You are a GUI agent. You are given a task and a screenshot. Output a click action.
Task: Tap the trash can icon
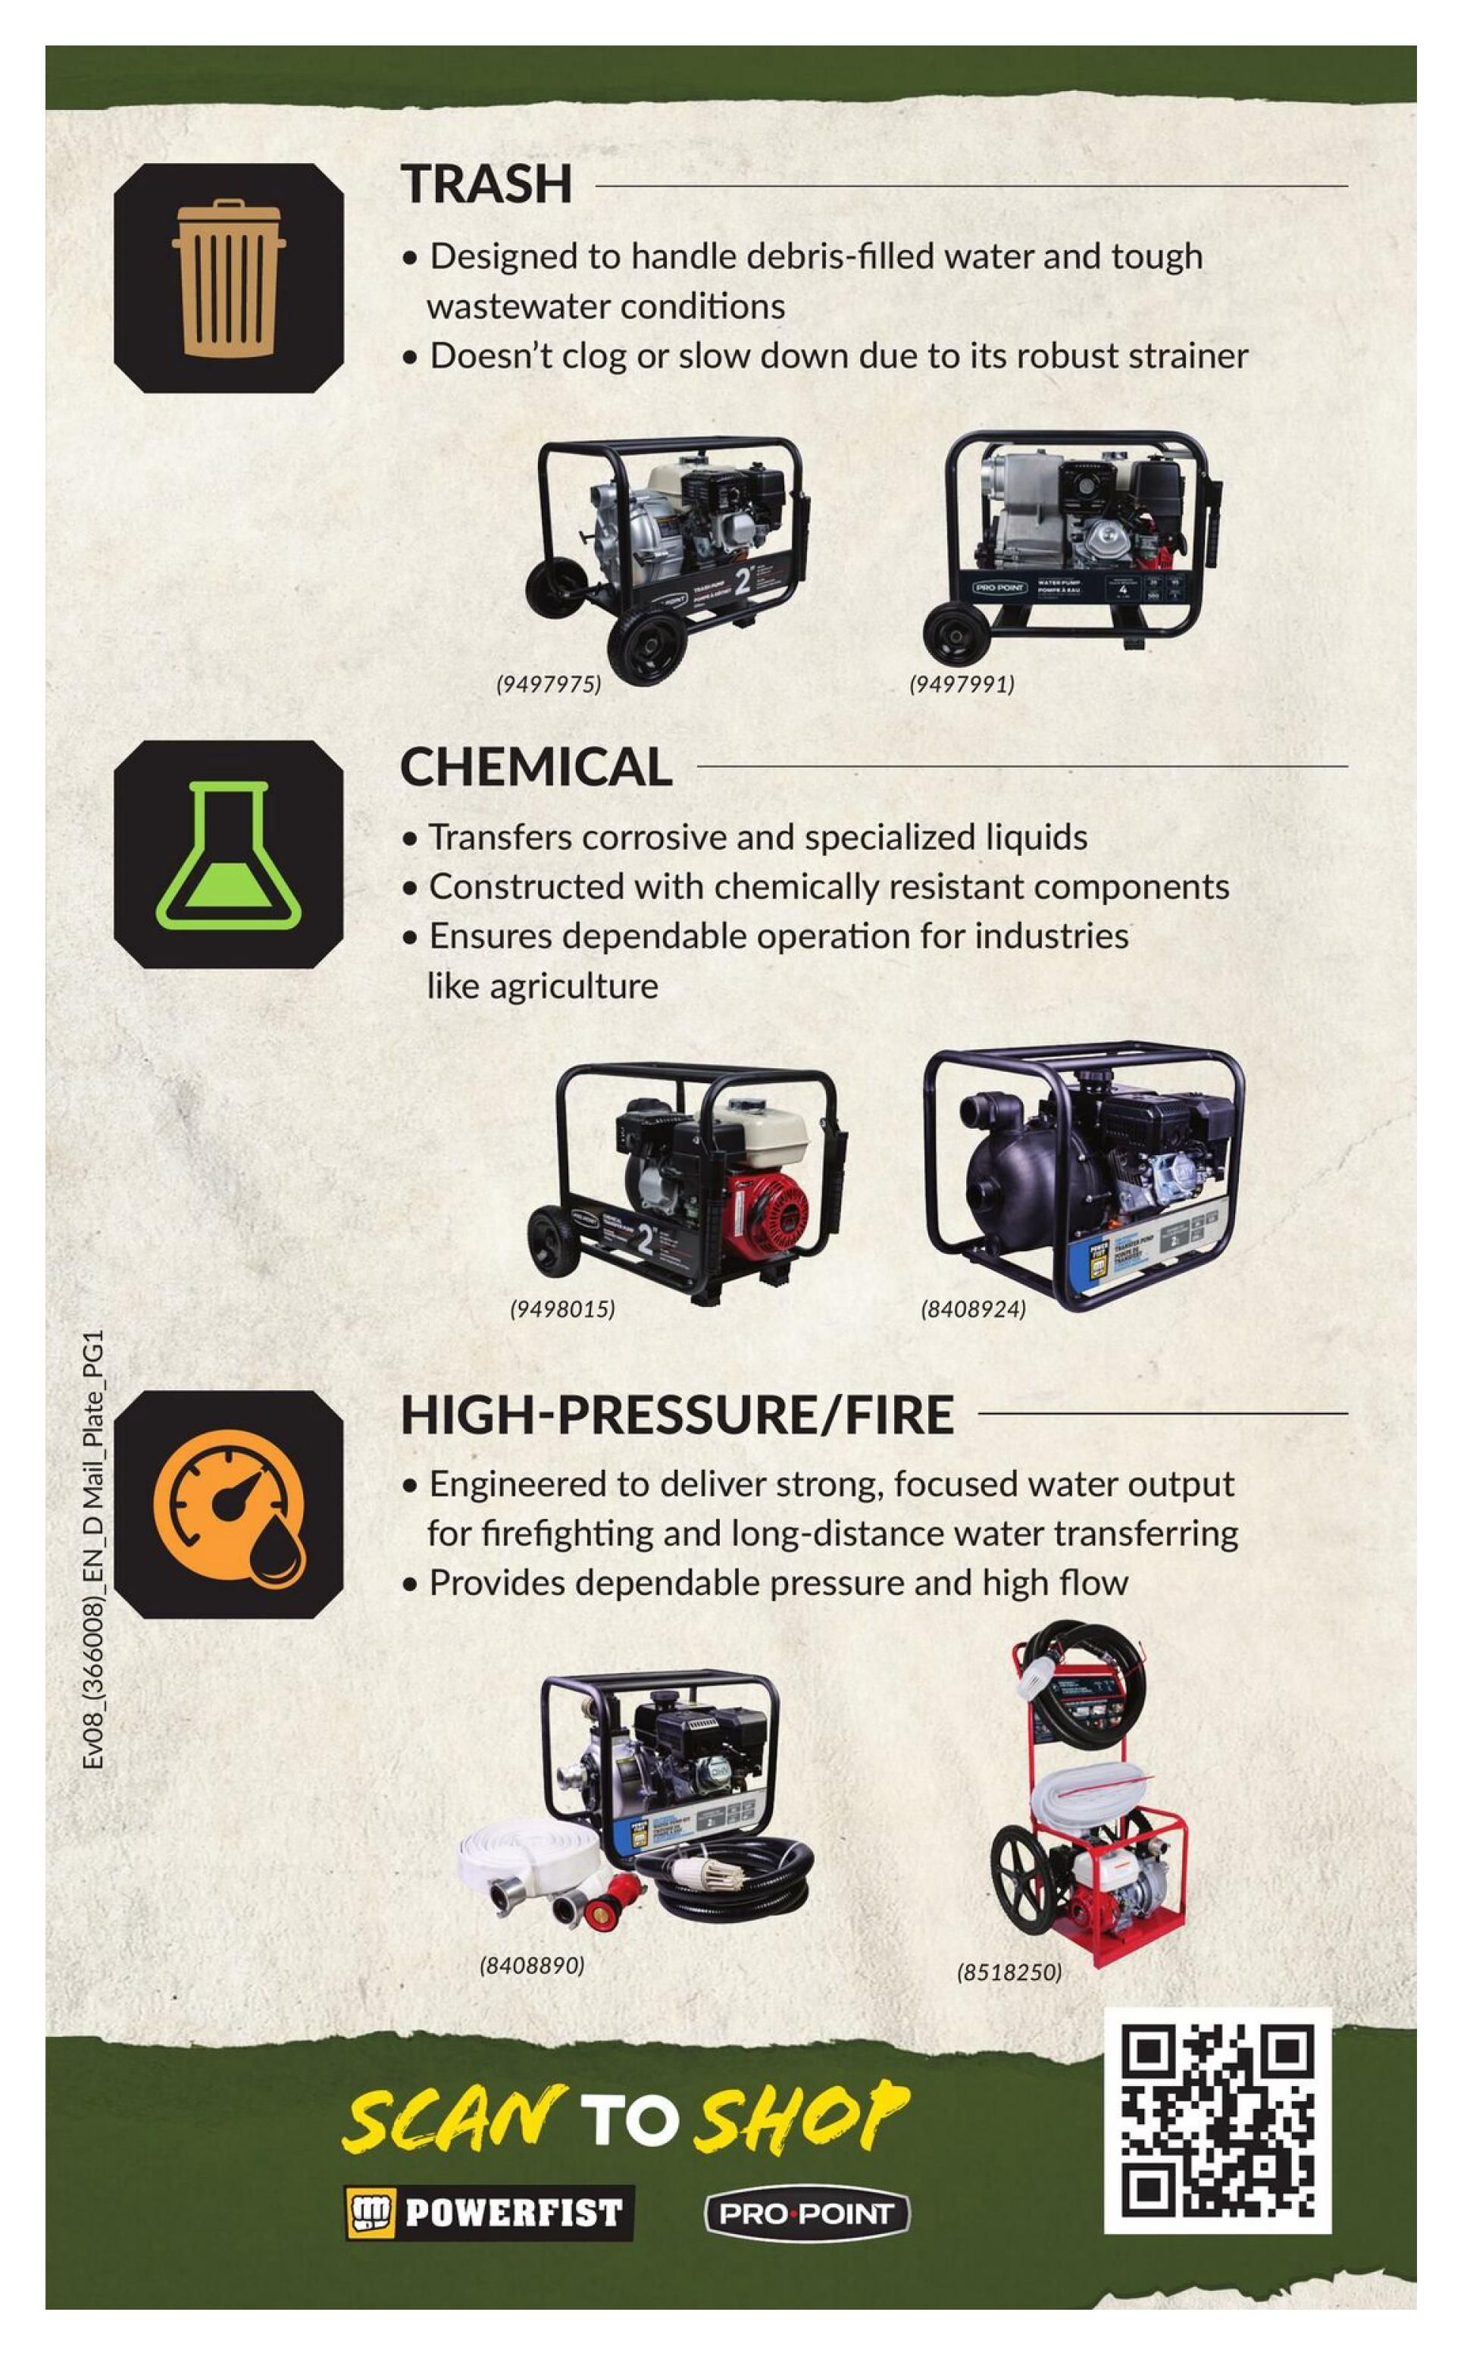pyautogui.click(x=229, y=278)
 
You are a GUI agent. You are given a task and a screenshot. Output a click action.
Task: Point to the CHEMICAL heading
pyautogui.click(x=536, y=766)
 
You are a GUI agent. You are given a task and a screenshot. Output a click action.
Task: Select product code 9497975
pyautogui.click(x=548, y=684)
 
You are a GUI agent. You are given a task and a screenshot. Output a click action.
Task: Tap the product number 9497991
pyautogui.click(x=961, y=684)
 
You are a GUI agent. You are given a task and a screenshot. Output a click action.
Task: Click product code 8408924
pyautogui.click(x=972, y=1309)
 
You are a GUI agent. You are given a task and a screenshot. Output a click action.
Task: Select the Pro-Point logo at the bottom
pyautogui.click(x=806, y=2213)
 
